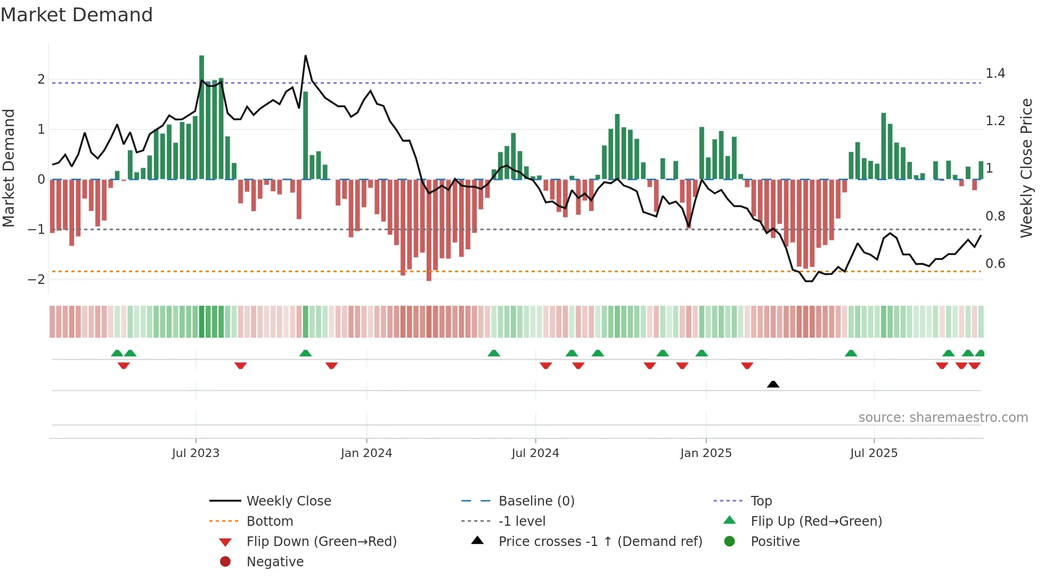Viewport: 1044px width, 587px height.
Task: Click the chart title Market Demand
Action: [77, 15]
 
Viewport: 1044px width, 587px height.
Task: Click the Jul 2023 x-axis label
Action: [195, 453]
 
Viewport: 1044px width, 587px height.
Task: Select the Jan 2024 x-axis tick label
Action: [366, 453]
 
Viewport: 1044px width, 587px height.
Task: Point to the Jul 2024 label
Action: [535, 453]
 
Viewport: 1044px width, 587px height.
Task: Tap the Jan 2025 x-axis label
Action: [706, 453]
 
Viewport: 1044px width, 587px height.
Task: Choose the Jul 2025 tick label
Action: [874, 453]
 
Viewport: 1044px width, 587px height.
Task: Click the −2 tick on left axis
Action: [37, 280]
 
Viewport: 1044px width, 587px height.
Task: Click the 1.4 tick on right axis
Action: [995, 74]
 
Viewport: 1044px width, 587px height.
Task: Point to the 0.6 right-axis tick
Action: [995, 264]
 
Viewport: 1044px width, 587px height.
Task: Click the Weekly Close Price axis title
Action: [1026, 168]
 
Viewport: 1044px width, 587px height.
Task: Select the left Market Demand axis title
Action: [9, 168]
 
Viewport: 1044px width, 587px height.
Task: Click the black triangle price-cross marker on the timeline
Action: [773, 384]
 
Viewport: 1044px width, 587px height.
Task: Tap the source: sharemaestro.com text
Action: [943, 418]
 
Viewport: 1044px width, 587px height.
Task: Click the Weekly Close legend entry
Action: [288, 501]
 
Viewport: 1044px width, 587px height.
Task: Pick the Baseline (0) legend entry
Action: [536, 501]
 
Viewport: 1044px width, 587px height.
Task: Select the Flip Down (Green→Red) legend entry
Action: [321, 542]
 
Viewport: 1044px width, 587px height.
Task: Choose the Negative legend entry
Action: [275, 562]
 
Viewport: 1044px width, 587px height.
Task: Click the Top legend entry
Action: [761, 501]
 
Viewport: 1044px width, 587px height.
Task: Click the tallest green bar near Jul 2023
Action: [202, 117]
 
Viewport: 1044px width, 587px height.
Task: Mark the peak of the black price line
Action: [305, 56]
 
